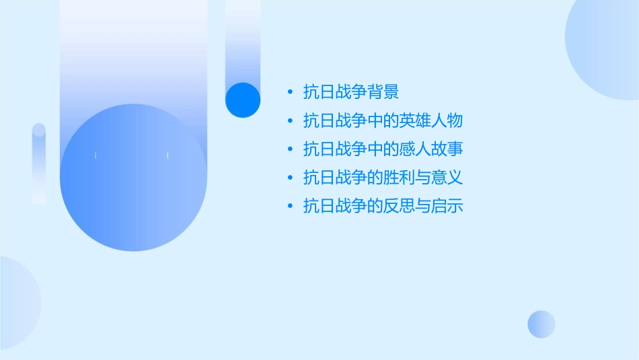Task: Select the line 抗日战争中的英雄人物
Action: tap(383, 121)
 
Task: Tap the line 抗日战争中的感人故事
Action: tap(383, 149)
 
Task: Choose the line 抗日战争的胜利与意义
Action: tap(383, 178)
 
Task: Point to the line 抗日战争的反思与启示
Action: tap(383, 206)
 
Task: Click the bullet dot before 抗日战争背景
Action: tap(289, 92)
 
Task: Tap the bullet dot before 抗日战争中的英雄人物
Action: tap(289, 121)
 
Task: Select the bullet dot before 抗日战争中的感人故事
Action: tap(289, 149)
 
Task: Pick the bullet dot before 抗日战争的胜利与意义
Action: tap(289, 178)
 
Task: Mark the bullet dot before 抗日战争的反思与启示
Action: tap(289, 206)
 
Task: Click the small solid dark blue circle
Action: tap(243, 100)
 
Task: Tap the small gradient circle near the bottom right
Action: tap(541, 324)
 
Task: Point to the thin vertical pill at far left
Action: tap(39, 164)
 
